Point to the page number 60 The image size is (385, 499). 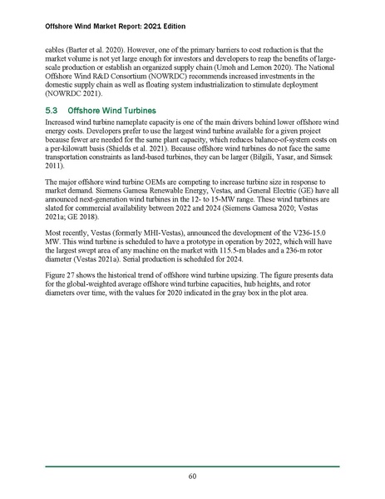(x=192, y=477)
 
